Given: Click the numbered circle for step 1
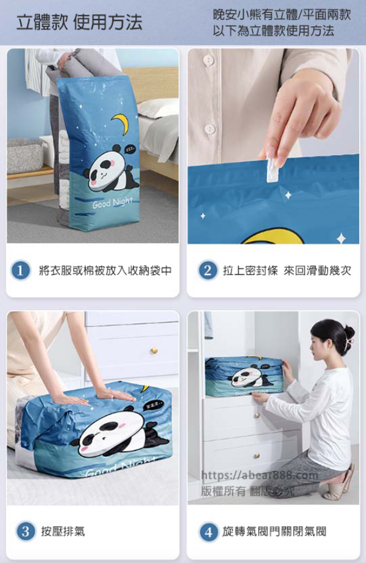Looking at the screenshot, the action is click(20, 270).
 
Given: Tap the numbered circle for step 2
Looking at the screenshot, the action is click(208, 270).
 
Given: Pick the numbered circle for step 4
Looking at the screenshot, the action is click(209, 532).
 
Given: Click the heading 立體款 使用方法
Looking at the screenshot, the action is click(80, 22).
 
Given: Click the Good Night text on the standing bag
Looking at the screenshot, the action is click(113, 203).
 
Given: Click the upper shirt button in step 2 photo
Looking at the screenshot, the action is click(209, 60).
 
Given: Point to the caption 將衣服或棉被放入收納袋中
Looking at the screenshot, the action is click(106, 270).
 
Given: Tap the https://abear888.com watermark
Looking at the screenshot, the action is click(259, 475).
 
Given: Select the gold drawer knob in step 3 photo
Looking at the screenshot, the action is click(154, 350).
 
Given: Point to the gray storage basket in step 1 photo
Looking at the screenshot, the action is click(25, 157).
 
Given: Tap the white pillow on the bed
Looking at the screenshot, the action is click(158, 107).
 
